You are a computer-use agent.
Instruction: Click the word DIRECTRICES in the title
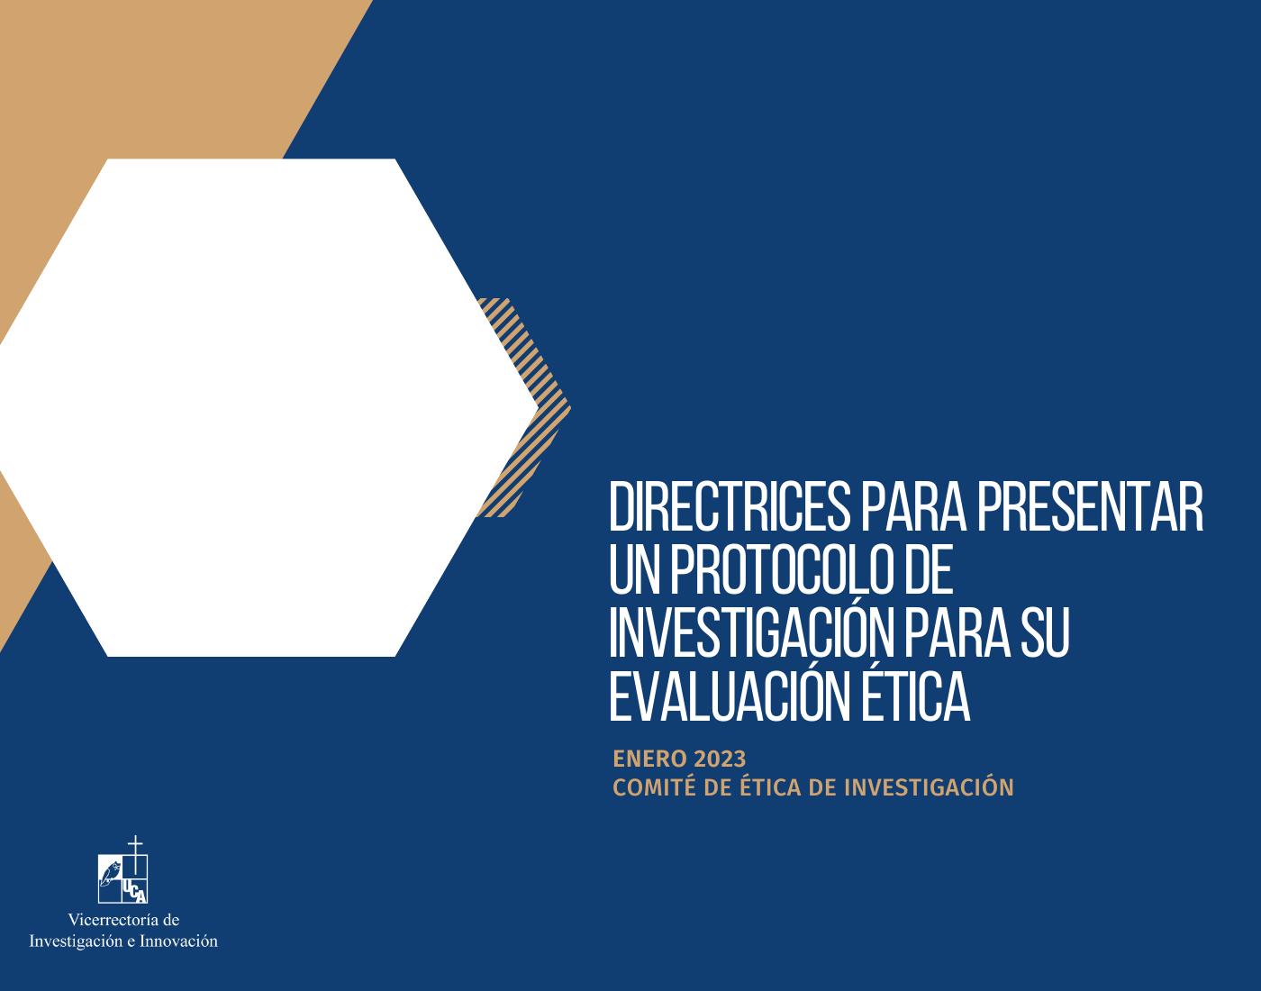(729, 506)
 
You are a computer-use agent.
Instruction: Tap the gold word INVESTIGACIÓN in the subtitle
(929, 786)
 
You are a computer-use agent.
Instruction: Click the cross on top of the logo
(135, 853)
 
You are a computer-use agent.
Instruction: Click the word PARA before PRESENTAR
(913, 506)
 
